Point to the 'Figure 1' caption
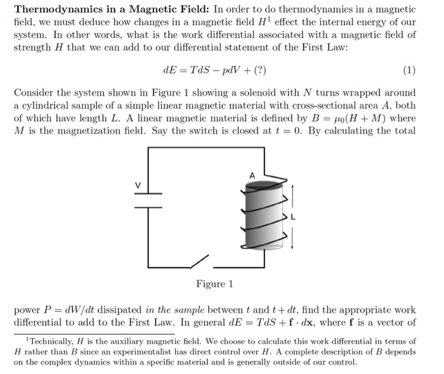point(214,283)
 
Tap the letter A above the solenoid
point(252,175)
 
